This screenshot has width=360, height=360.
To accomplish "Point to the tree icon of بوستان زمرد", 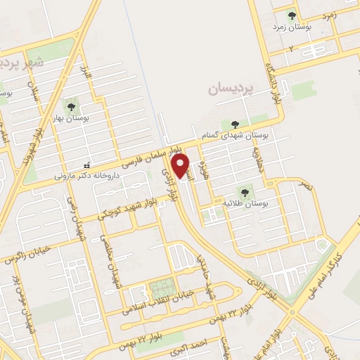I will click(291, 15).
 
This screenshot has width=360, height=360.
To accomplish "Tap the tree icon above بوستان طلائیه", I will click(244, 191).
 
